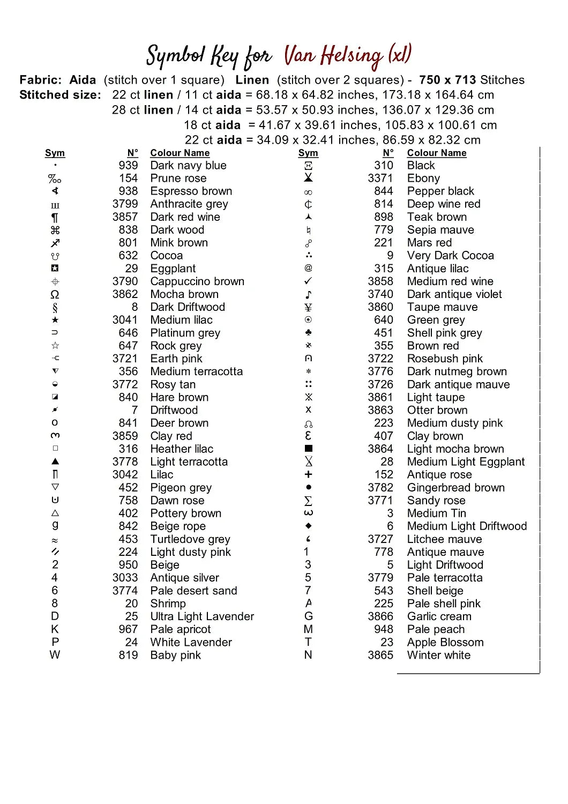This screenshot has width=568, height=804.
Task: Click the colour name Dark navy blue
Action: click(188, 166)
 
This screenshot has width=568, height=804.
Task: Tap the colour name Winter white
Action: click(438, 655)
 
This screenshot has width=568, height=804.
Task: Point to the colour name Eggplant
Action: click(173, 269)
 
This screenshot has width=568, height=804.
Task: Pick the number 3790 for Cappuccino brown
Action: click(125, 281)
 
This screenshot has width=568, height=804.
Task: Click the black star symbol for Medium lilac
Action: click(55, 320)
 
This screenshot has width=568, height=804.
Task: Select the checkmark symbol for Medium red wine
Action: click(308, 281)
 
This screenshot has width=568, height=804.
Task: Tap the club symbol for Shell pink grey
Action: click(308, 333)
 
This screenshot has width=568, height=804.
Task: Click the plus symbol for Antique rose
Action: click(308, 474)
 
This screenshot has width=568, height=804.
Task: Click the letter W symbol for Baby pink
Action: click(55, 655)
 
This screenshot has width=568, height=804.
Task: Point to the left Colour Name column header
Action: click(180, 153)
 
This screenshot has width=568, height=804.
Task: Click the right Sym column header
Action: click(308, 153)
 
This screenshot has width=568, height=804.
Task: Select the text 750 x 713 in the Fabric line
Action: click(447, 80)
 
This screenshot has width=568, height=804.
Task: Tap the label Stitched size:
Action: click(60, 95)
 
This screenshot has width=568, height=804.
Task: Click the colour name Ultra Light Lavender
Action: click(202, 616)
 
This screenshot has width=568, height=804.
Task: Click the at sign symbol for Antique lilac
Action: click(308, 268)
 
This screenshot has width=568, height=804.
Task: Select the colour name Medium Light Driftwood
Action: click(467, 526)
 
